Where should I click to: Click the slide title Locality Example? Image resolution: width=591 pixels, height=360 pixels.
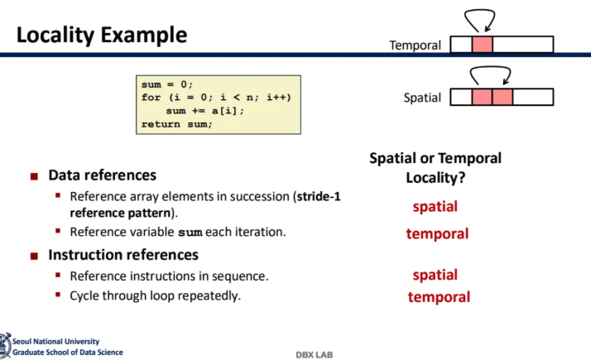pyautogui.click(x=102, y=36)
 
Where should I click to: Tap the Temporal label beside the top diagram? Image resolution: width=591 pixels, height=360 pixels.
pyautogui.click(x=415, y=46)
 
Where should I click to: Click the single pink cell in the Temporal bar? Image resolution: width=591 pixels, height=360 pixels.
pyautogui.click(x=482, y=45)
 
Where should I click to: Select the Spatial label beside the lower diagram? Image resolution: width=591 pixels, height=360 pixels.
pyautogui.click(x=422, y=98)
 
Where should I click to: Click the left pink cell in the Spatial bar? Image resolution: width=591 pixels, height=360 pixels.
pyautogui.click(x=482, y=97)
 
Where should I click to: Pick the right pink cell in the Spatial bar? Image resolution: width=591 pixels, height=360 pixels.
pyautogui.click(x=502, y=97)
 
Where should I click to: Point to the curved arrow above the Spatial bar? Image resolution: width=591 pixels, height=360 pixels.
pyautogui.click(x=490, y=67)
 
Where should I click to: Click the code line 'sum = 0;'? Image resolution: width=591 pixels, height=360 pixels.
pyautogui.click(x=167, y=84)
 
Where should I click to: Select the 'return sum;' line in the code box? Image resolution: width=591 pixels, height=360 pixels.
pyautogui.click(x=177, y=124)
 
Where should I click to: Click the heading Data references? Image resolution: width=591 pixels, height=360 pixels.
pyautogui.click(x=102, y=175)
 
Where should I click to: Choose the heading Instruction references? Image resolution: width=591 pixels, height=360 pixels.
pyautogui.click(x=123, y=255)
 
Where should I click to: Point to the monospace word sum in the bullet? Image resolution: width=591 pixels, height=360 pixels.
pyautogui.click(x=190, y=233)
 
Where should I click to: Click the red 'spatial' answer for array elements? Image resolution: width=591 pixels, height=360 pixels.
pyautogui.click(x=435, y=207)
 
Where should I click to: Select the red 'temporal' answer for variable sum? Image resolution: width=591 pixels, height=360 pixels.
pyautogui.click(x=437, y=234)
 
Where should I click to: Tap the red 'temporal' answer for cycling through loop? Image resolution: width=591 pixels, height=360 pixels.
pyautogui.click(x=439, y=297)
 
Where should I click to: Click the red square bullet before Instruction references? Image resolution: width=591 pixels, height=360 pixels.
pyautogui.click(x=34, y=257)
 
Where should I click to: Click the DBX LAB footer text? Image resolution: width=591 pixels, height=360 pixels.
pyautogui.click(x=315, y=355)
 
